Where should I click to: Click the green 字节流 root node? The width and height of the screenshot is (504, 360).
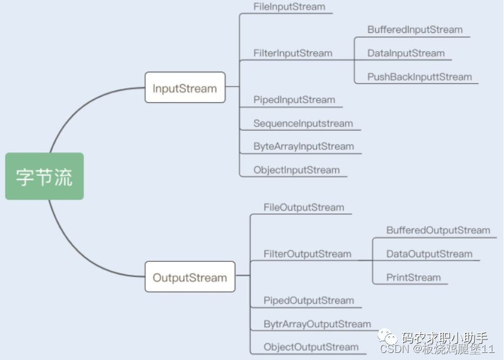coord(44,176)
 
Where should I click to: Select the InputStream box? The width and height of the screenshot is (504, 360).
coord(185,88)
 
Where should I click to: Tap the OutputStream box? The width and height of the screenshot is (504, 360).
coord(189,278)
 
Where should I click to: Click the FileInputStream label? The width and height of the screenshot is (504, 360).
coord(289,7)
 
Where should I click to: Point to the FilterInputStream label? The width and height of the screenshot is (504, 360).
coord(293,53)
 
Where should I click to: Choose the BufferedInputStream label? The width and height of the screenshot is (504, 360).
coord(415,29)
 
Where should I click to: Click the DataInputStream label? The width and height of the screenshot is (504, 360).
coord(406,53)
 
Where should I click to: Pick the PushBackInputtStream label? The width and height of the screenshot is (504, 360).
coord(419,76)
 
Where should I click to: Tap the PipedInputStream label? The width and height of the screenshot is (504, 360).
coord(294,99)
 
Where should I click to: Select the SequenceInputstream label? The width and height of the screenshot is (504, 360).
coord(303,124)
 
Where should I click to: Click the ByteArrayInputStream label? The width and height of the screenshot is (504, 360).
coord(303,146)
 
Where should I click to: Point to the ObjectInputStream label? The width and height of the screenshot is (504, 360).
coord(296,170)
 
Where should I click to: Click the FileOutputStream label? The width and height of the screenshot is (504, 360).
coord(303,207)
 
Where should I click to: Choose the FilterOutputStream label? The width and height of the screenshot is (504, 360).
coord(307,254)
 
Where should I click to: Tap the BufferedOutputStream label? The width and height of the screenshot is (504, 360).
coord(438,230)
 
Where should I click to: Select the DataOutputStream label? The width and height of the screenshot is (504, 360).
coord(429,254)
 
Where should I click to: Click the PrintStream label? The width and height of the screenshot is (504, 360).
coord(413,278)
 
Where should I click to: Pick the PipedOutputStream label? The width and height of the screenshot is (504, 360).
coord(309,301)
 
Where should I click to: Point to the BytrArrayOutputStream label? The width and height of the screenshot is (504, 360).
coord(317,324)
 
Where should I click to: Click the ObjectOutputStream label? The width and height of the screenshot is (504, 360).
coord(311,347)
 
